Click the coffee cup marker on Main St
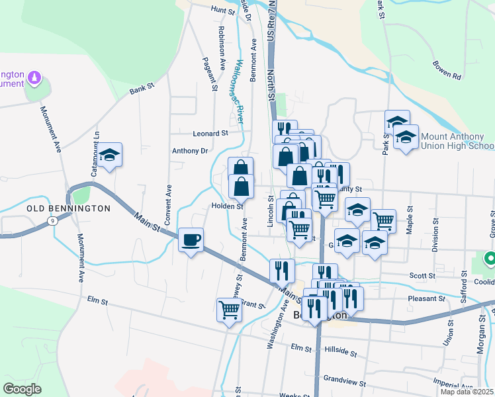[191, 240]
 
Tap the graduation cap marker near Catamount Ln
[110, 155]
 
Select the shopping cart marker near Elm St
[228, 310]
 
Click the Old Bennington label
[68, 208]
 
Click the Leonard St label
[210, 133]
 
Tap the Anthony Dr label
[190, 151]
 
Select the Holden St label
[228, 206]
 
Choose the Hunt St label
[223, 11]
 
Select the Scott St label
[422, 276]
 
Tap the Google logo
[22, 389]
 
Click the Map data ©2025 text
[466, 392]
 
